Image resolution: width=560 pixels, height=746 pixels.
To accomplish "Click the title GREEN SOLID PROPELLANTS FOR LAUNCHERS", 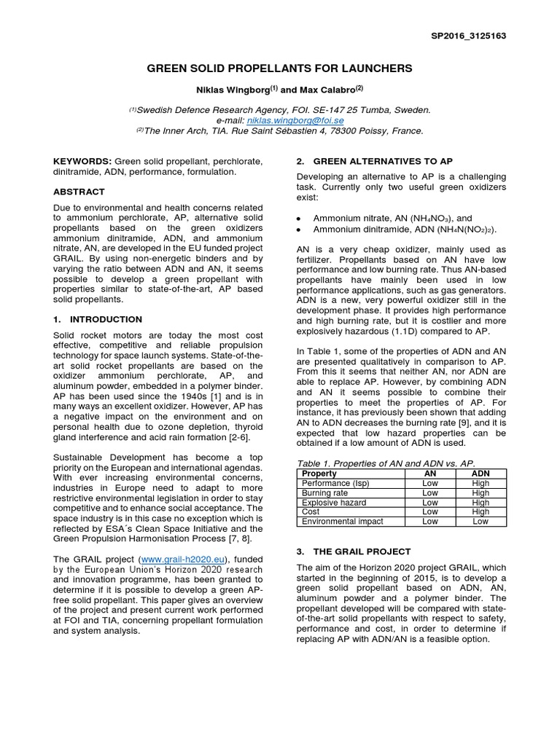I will [279, 68].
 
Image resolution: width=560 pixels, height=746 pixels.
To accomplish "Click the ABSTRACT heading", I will [79, 192].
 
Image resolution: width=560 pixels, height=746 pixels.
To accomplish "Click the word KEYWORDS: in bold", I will [82, 160].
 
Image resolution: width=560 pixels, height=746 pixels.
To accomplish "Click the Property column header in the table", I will [319, 474].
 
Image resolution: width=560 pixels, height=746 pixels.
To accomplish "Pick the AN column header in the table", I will [429, 474].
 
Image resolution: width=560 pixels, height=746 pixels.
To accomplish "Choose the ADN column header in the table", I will [481, 474].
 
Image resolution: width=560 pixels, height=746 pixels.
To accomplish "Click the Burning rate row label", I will [325, 492].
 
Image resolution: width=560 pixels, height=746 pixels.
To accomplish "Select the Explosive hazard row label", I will [334, 502].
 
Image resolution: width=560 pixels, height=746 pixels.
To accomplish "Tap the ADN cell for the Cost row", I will [481, 511].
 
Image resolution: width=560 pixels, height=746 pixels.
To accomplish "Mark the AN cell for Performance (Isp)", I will [429, 483].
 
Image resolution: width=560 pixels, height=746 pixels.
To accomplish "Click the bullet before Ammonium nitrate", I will [299, 218].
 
